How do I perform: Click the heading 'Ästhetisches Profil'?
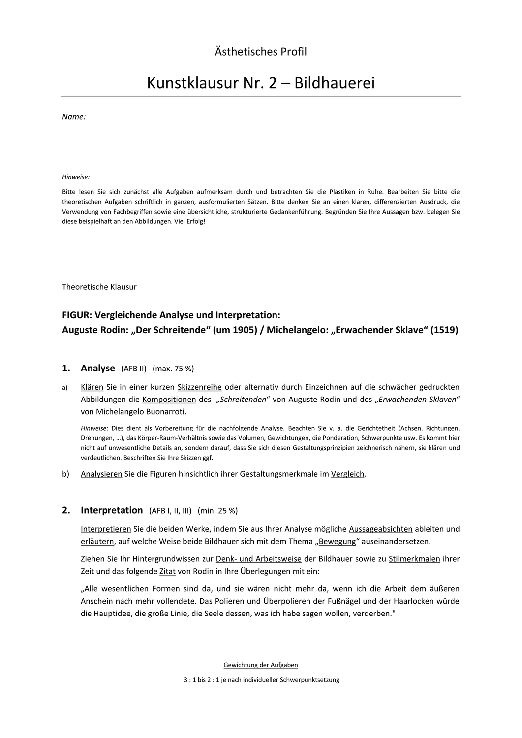click(261, 51)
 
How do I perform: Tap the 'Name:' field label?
click(74, 117)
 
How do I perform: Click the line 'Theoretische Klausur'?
click(99, 287)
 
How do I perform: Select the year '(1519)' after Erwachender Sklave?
click(444, 330)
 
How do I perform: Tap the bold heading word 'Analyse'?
click(97, 368)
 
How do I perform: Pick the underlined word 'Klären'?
click(92, 387)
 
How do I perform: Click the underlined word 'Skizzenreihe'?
click(199, 387)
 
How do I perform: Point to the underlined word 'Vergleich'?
click(347, 474)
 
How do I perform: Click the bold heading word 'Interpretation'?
click(112, 510)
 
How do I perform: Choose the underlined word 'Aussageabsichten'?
click(380, 529)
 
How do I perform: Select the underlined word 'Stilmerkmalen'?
click(414, 559)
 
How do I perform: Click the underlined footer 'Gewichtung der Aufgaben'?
click(261, 665)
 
